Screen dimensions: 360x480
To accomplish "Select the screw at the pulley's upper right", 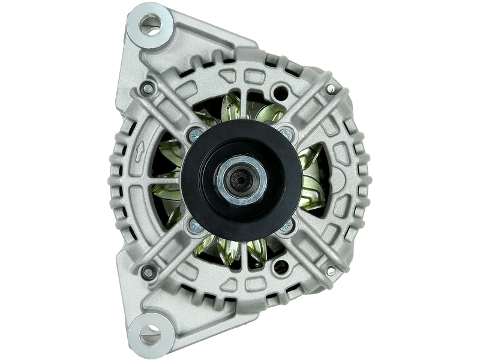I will (287, 131).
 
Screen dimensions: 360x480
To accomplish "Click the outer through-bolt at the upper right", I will (330, 89).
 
